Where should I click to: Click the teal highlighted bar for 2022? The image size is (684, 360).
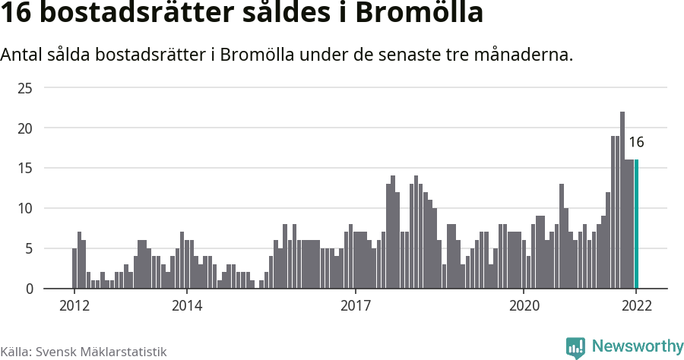636,224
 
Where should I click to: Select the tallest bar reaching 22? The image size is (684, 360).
622,201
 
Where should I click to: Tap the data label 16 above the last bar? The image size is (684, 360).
636,142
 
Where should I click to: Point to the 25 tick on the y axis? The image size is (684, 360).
25,88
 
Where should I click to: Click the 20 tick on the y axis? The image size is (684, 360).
25,128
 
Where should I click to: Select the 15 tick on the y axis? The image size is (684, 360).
25,168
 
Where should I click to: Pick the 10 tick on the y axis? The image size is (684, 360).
25,208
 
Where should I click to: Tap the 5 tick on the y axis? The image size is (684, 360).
29,248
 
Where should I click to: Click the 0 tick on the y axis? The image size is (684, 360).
29,289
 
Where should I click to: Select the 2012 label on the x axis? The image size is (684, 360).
74,306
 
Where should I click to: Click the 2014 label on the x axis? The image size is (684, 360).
186,306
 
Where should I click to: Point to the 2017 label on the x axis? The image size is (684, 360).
355,306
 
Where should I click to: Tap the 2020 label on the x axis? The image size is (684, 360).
524,306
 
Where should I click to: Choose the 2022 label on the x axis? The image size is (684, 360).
636,306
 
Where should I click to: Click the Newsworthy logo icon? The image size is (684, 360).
575,347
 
